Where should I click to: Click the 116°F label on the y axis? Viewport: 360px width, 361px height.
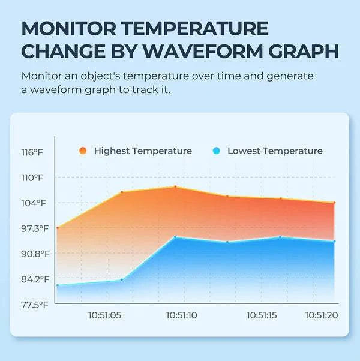tap(33, 152)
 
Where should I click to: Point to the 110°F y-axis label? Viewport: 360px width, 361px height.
tap(33, 178)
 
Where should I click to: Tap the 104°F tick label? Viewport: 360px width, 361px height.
tap(33, 203)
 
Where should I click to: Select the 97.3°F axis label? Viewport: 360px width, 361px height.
tap(34, 228)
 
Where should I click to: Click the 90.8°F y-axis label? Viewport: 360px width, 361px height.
tap(34, 254)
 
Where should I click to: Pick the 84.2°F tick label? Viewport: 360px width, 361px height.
tap(34, 279)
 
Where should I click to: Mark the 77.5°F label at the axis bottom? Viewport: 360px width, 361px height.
tap(34, 305)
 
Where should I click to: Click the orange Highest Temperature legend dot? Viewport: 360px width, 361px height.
tap(83, 151)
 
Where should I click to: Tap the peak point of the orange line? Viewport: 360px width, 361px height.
tap(175, 187)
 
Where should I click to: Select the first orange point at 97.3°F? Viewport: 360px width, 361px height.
tap(58, 228)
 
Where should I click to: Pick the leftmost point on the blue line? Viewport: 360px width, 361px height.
tap(58, 285)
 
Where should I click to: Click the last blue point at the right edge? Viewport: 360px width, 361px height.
tap(334, 241)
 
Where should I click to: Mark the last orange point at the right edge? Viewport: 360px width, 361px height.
tap(334, 203)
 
